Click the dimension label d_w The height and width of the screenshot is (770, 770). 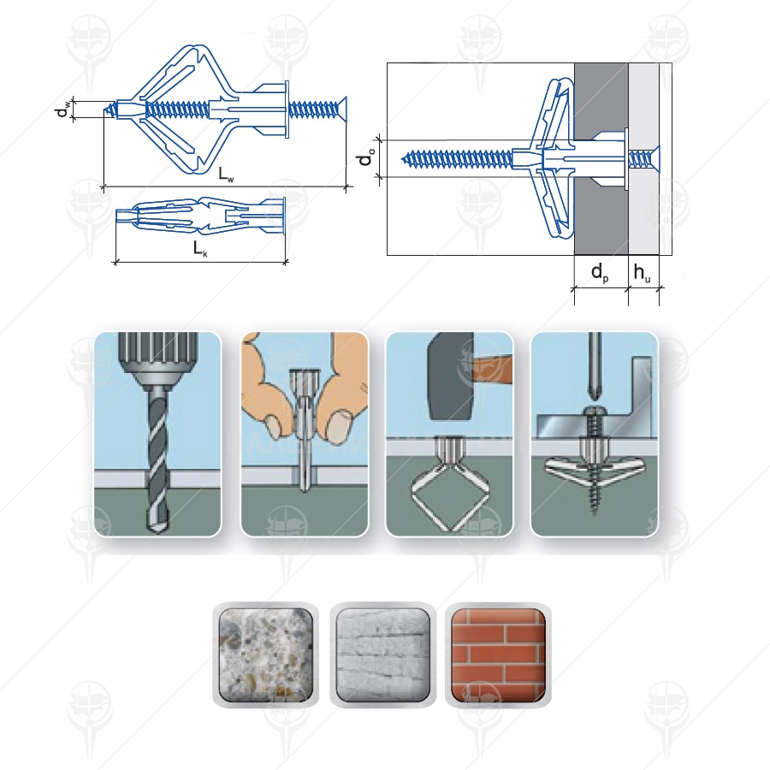62,110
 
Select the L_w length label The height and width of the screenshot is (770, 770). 227,175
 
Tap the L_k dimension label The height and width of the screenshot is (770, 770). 200,248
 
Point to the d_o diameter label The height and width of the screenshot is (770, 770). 366,158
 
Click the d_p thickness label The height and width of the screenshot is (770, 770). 600,273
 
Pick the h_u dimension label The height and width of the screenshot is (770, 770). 643,273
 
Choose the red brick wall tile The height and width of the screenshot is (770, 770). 498,655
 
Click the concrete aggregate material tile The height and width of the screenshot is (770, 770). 266,655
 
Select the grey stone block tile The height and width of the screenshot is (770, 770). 382,655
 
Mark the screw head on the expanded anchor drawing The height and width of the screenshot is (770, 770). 342,110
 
